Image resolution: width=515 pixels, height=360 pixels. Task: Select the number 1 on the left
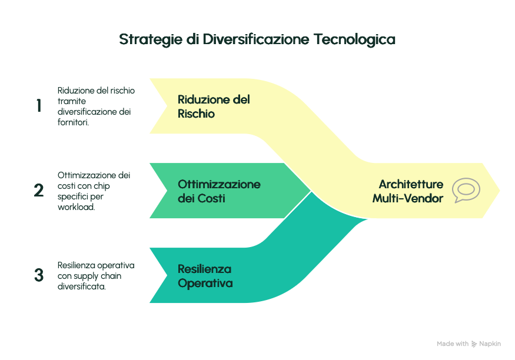[x=39, y=106]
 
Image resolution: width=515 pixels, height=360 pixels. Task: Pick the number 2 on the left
[x=39, y=191]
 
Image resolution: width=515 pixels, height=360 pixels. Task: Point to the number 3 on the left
[x=39, y=275]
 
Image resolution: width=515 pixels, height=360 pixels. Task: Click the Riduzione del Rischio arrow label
[x=213, y=106]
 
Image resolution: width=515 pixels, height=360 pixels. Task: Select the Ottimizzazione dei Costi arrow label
[x=219, y=191]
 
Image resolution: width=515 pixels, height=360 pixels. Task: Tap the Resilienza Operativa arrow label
[x=205, y=276]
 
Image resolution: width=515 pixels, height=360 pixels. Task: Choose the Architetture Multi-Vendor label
[x=408, y=191]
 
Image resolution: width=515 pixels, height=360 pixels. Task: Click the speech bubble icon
[x=466, y=191]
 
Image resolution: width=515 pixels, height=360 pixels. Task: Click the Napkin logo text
[x=490, y=344]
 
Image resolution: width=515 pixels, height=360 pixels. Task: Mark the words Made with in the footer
[x=452, y=344]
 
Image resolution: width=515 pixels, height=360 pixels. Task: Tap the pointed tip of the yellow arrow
[x=500, y=191]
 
